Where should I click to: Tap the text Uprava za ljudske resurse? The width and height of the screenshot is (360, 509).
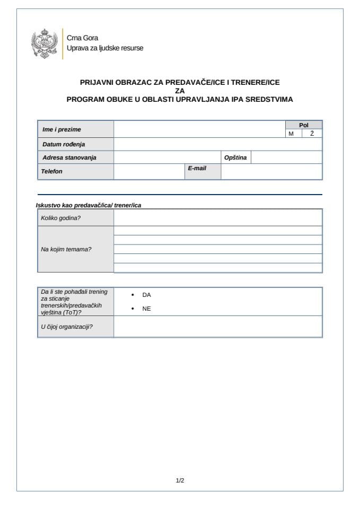pos(104,48)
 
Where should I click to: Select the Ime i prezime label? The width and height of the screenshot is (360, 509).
pos(62,129)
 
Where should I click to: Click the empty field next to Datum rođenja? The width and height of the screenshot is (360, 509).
pos(217,144)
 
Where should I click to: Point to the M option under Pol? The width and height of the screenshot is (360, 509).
pos(291,134)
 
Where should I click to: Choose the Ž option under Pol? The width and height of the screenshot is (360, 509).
pos(312,134)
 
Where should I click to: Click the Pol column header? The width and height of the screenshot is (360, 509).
pos(303,125)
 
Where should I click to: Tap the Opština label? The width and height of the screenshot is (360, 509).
pos(235,157)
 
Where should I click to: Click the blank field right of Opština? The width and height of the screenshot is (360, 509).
pos(286,157)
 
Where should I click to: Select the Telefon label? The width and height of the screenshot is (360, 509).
pos(52,171)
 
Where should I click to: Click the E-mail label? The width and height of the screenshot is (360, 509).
pos(197,168)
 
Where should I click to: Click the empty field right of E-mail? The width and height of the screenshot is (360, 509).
pos(271,172)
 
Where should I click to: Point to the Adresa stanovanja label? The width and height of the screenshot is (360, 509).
pos(69,157)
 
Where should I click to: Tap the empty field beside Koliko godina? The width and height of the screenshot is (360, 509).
pos(217,217)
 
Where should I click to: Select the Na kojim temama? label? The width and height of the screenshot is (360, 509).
pos(66,249)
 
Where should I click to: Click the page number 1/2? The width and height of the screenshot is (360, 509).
pos(180,480)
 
